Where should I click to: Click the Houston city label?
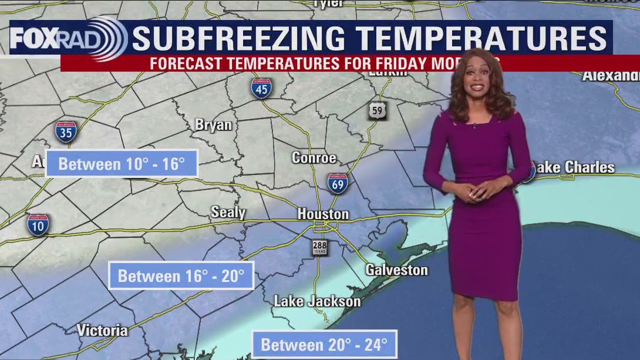click(323, 214)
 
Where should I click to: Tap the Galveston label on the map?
click(396, 270)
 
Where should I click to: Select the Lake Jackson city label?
click(317, 301)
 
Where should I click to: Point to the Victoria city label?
click(102, 330)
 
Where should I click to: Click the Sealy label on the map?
click(228, 212)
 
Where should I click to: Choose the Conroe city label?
click(314, 158)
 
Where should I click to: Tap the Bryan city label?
click(213, 125)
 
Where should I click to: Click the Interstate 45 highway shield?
click(261, 88)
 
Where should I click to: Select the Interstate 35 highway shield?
click(66, 132)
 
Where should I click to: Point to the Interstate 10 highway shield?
click(38, 225)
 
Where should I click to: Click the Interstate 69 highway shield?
click(338, 183)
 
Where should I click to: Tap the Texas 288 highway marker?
click(320, 247)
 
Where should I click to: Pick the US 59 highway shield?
click(378, 110)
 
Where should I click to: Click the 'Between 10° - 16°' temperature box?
click(122, 164)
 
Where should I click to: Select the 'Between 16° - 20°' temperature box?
click(181, 276)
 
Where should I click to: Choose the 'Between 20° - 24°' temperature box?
click(324, 344)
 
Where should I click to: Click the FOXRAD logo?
click(68, 39)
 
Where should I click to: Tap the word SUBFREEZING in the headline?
click(238, 39)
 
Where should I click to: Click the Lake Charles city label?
click(572, 167)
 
